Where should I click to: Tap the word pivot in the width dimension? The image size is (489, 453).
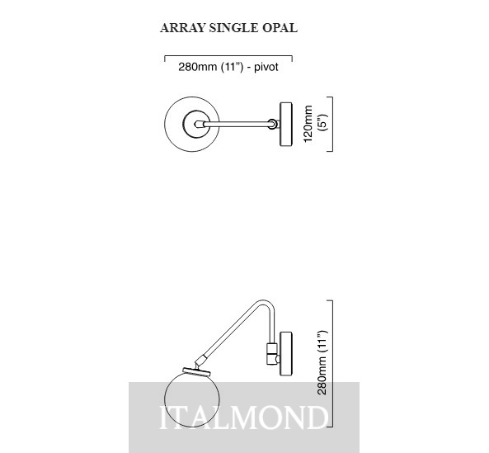(266, 67)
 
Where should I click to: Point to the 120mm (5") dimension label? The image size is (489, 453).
(315, 124)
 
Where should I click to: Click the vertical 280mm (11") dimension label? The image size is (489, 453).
(322, 362)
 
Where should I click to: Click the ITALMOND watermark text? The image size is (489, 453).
(244, 418)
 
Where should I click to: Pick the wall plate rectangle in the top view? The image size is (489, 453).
(286, 124)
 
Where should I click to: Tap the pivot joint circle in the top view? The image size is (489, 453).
(272, 124)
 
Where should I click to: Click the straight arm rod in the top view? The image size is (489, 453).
(237, 124)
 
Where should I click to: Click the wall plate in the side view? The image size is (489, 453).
(286, 353)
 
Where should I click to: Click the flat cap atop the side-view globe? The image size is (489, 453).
(197, 371)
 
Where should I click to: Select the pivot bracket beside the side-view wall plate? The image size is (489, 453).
(273, 353)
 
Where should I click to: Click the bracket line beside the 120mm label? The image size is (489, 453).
(332, 124)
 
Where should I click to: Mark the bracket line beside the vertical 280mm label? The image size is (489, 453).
(332, 363)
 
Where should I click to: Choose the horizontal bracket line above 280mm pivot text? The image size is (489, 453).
(228, 56)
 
